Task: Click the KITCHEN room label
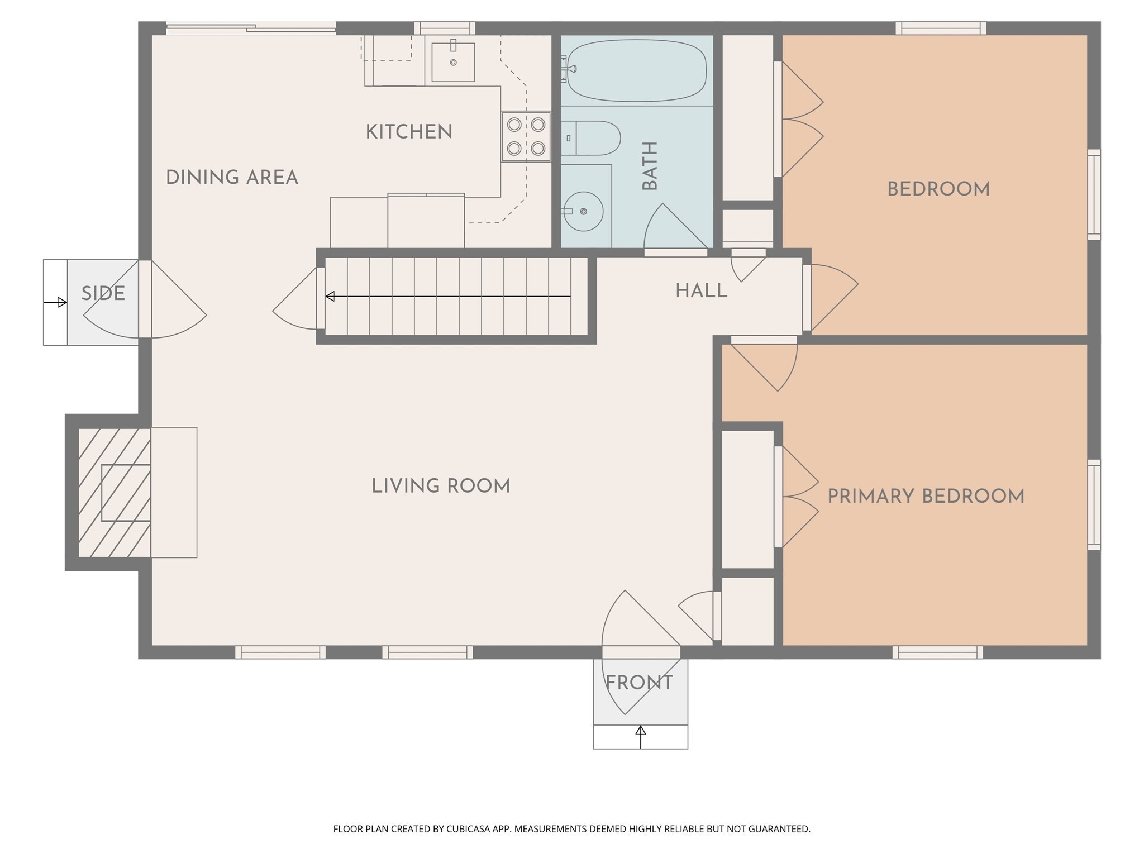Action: (409, 132)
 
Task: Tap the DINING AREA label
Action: (232, 178)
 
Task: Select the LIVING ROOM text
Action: (441, 486)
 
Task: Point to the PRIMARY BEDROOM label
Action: (926, 497)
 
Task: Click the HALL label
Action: (701, 291)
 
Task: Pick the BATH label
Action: (650, 166)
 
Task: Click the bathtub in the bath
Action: (637, 70)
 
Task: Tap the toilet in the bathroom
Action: (592, 138)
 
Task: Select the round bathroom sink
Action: (583, 212)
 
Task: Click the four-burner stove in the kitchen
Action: (526, 136)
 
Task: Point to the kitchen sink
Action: (453, 62)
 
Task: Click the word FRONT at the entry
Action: (639, 683)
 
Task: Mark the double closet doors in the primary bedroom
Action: (798, 497)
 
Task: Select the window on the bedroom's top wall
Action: (941, 28)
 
